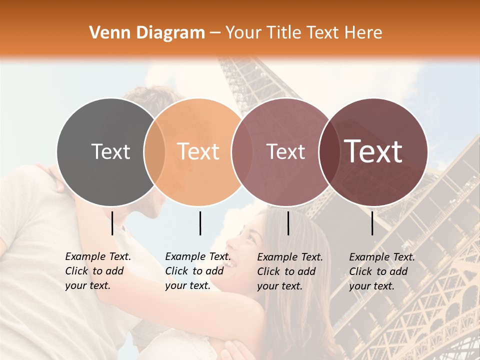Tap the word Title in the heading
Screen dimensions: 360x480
[284, 33]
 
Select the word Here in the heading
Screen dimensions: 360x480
[364, 33]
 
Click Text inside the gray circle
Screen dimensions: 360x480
[110, 151]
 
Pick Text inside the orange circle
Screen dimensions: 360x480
[198, 151]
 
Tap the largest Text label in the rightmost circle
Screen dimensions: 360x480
[373, 151]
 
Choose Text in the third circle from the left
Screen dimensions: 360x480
[285, 151]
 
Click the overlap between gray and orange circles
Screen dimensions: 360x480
[154, 151]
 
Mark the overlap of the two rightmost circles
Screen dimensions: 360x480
[328, 151]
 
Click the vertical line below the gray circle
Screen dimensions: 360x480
[112, 223]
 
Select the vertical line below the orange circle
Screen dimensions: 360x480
[200, 223]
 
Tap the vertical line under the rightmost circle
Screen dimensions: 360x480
[372, 223]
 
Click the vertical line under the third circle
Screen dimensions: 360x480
[288, 223]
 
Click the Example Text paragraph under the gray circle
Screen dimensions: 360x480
[97, 271]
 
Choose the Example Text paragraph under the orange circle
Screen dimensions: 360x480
[197, 271]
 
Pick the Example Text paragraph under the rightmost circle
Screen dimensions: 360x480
[381, 271]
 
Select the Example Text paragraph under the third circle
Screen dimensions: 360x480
[289, 271]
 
